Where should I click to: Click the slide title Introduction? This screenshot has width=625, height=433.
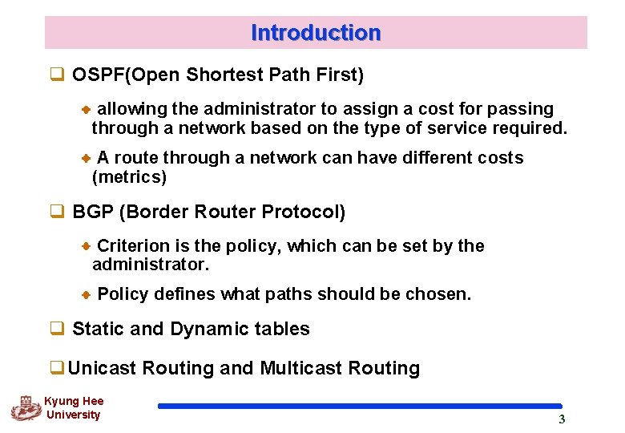tap(316, 33)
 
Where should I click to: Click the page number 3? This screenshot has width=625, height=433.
tap(562, 419)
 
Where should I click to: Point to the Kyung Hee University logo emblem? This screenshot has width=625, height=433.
tap(25, 408)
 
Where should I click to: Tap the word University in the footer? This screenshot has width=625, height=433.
tap(73, 415)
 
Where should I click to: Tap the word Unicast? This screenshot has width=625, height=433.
tap(103, 368)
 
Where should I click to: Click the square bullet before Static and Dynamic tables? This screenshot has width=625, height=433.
tap(57, 329)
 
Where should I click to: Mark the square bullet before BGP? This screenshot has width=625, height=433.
tap(57, 212)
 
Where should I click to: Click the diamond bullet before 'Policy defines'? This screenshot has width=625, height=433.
tap(87, 295)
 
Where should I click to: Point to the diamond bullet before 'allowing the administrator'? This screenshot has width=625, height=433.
tap(87, 109)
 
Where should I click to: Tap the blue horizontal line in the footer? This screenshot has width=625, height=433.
tap(360, 407)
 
